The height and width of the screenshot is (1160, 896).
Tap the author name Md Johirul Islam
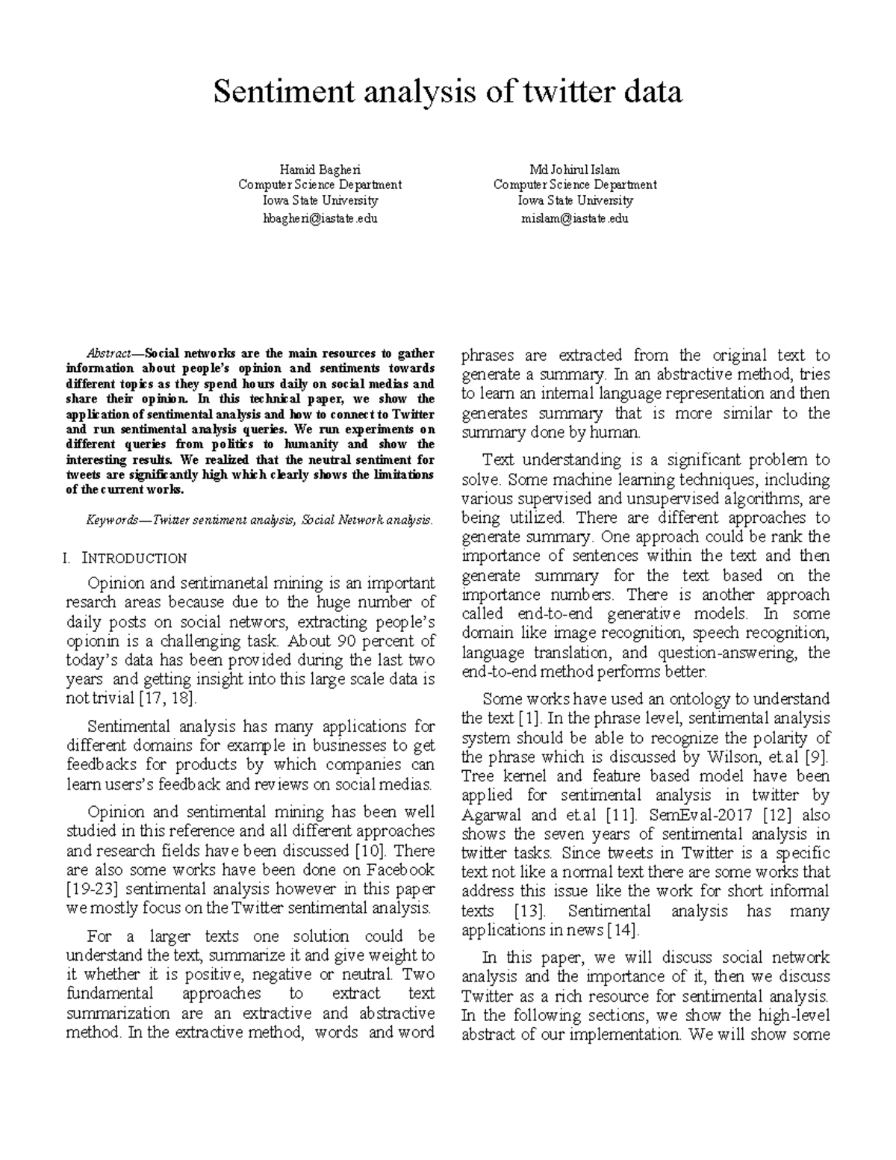pos(574,170)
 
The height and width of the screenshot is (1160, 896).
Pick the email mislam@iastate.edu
pos(575,218)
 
